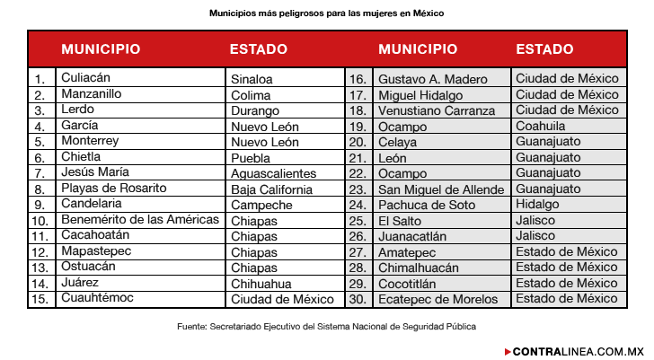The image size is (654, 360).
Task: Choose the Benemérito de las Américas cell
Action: click(140, 220)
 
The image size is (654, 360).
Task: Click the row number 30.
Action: click(358, 299)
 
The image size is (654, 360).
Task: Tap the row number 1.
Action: click(40, 79)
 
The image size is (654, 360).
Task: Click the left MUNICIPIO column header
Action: click(101, 49)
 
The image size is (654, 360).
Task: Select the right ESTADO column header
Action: click(544, 49)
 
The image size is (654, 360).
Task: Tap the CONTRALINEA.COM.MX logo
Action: click(575, 351)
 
